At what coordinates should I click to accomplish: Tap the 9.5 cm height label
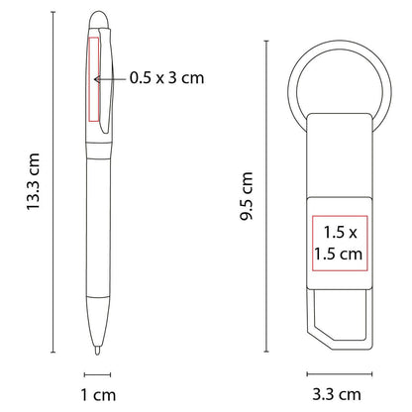[x=248, y=197]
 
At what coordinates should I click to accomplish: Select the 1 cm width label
[x=97, y=394]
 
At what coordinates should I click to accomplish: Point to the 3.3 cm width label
[x=336, y=394]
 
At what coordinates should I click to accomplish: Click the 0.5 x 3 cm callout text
[x=167, y=78]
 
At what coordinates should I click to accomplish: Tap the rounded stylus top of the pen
[x=95, y=21]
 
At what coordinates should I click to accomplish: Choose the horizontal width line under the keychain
[x=336, y=373]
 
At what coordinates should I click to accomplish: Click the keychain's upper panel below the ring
[x=336, y=158]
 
